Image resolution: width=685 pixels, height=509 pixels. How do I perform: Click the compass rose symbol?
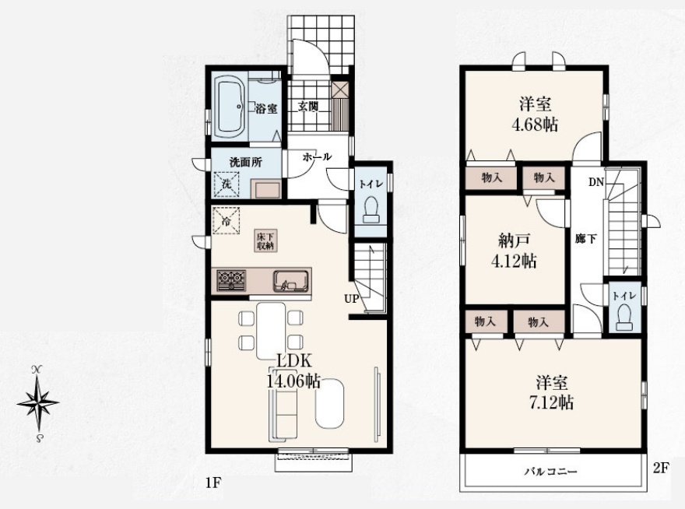[x=38, y=403]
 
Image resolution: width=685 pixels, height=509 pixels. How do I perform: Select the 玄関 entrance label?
[x=308, y=106]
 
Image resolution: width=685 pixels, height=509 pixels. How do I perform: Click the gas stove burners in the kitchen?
[x=231, y=279]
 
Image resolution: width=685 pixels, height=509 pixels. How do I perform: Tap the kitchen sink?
[x=291, y=280]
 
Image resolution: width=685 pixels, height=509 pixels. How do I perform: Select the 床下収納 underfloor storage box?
[x=265, y=240]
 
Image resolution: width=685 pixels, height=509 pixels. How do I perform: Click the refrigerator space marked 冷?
[x=227, y=220]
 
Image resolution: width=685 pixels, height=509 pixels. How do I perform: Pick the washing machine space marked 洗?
[x=227, y=184]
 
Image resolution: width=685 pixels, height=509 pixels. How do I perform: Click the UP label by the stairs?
[x=352, y=299]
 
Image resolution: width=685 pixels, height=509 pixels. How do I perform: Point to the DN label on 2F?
[x=595, y=182]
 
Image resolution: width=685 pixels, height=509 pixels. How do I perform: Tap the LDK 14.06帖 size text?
[x=293, y=371]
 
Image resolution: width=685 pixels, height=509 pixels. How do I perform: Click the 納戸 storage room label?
[x=515, y=240]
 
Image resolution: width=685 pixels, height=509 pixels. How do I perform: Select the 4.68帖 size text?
[x=535, y=125]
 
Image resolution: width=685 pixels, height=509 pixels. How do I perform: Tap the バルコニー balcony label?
[x=551, y=472]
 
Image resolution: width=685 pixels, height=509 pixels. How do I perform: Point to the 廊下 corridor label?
[x=586, y=239]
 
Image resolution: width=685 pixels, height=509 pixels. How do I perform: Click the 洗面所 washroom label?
[x=245, y=162]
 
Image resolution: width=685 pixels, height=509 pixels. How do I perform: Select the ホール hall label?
[x=317, y=156]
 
